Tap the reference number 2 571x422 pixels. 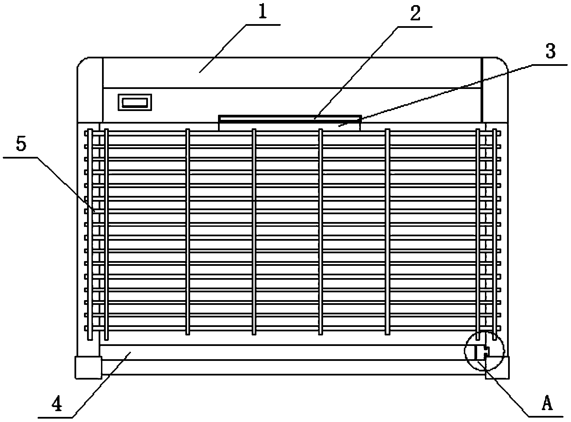click(x=415, y=14)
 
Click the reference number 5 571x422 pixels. click(x=20, y=145)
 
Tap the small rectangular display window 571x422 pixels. click(x=135, y=102)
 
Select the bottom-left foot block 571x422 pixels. click(x=88, y=367)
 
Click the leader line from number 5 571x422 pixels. click(x=65, y=183)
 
